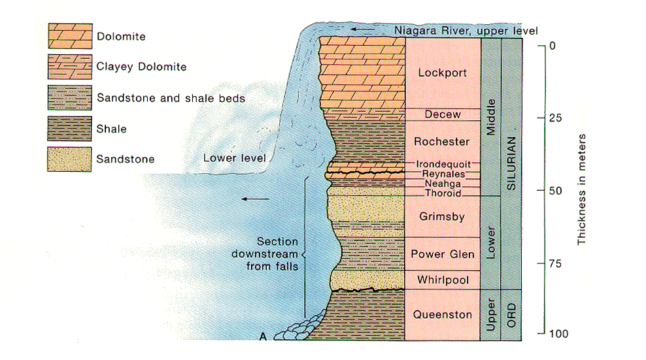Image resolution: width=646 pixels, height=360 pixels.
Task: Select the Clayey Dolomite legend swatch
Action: click(68, 67)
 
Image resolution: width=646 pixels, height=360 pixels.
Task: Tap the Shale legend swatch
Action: click(68, 129)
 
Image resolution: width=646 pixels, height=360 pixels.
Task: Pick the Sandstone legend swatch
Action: click(68, 159)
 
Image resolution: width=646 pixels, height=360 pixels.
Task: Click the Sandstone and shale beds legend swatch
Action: click(68, 98)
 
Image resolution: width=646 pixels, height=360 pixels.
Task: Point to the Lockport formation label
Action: click(443, 73)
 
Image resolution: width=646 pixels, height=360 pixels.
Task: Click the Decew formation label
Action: click(443, 114)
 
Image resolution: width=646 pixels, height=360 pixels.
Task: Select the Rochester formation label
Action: click(443, 141)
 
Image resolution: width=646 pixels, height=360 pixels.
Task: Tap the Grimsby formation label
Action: click(443, 216)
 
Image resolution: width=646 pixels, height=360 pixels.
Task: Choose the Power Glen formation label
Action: click(443, 254)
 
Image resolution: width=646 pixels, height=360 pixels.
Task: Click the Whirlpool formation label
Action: click(443, 280)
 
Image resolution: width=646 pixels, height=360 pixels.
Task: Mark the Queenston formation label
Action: click(443, 314)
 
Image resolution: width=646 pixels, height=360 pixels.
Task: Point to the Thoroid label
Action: click(443, 193)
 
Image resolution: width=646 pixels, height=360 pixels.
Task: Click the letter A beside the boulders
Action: click(263, 337)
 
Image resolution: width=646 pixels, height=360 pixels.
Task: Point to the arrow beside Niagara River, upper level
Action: click(360, 30)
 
